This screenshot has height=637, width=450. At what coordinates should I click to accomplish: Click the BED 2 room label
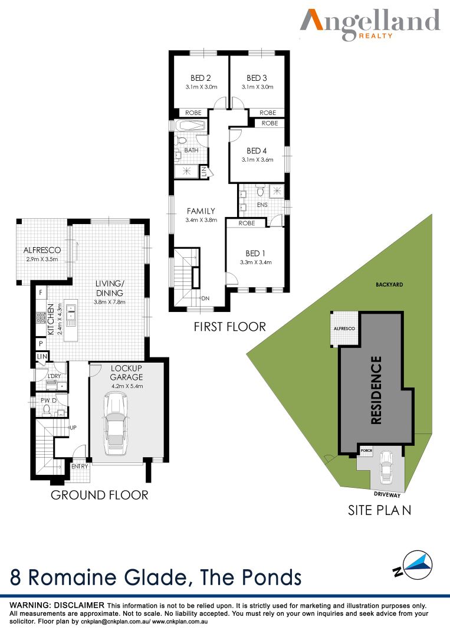[201, 78]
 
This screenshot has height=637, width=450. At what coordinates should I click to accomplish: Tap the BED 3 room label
[257, 78]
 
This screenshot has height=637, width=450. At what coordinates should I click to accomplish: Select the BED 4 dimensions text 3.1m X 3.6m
[258, 160]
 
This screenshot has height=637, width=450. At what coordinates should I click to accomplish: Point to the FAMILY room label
[201, 211]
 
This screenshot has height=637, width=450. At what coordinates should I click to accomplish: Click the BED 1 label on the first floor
[255, 253]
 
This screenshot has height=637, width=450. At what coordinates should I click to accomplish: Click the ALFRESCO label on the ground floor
[42, 250]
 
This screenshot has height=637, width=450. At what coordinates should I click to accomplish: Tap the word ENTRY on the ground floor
[80, 467]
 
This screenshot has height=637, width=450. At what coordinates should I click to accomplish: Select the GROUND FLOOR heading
[100, 495]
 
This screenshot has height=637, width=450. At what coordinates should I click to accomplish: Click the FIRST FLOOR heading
[230, 327]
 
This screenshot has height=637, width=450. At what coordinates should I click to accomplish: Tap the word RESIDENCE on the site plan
[376, 390]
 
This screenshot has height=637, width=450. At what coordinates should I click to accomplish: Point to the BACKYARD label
[389, 285]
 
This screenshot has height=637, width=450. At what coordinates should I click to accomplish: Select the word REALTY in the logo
[376, 36]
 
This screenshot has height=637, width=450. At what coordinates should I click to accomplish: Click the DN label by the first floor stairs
[205, 298]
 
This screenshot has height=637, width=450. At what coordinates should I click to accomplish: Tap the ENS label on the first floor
[262, 205]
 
